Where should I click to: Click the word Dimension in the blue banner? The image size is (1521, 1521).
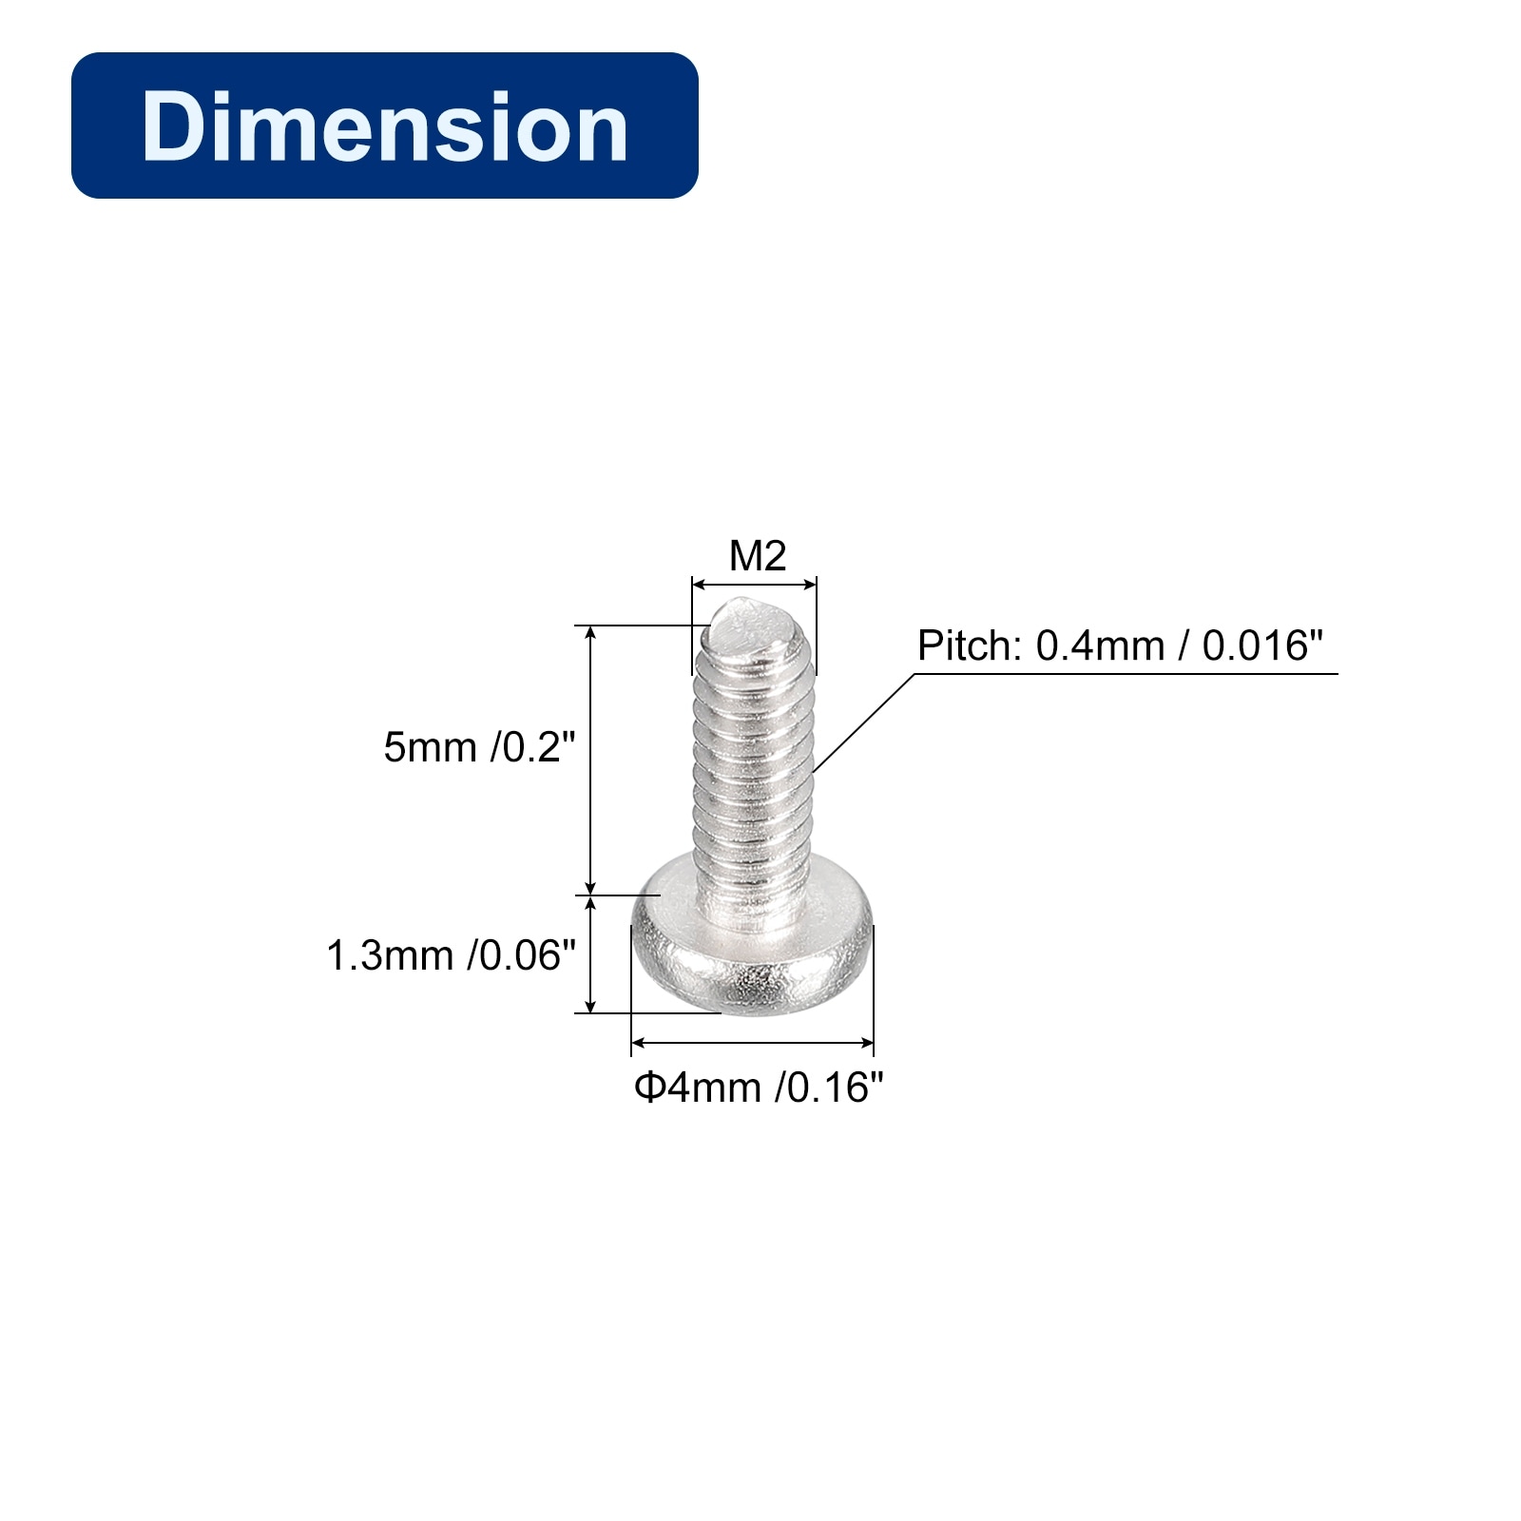pyautogui.click(x=385, y=126)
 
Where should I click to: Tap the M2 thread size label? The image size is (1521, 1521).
pyautogui.click(x=758, y=556)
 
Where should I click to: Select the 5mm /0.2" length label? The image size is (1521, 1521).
pyautogui.click(x=480, y=747)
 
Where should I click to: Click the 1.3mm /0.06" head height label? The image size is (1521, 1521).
pyautogui.click(x=452, y=955)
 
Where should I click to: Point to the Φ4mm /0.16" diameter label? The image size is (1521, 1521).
pyautogui.click(x=759, y=1088)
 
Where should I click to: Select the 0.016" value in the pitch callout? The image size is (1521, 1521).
pyautogui.click(x=1262, y=645)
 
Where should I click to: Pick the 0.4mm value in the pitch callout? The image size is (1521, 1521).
pyautogui.click(x=1100, y=646)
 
